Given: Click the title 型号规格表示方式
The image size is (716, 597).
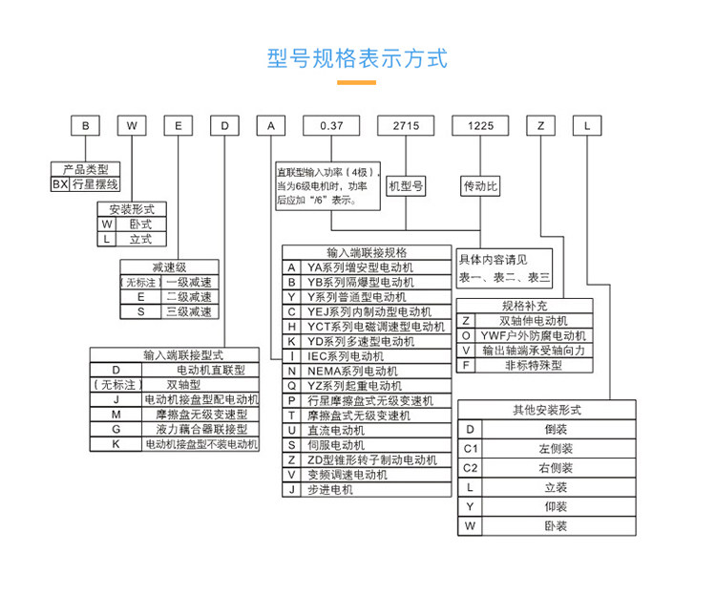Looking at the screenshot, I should point(357,57).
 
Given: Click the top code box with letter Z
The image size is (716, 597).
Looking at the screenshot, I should point(541,125).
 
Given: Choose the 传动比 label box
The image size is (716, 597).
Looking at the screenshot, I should point(480,185).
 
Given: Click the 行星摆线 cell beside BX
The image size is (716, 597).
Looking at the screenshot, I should point(95,184).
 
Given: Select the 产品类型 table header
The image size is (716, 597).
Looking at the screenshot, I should point(86,169).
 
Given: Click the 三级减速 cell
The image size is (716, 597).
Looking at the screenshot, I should point(189,311).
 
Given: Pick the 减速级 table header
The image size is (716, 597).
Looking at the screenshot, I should point(169,267).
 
